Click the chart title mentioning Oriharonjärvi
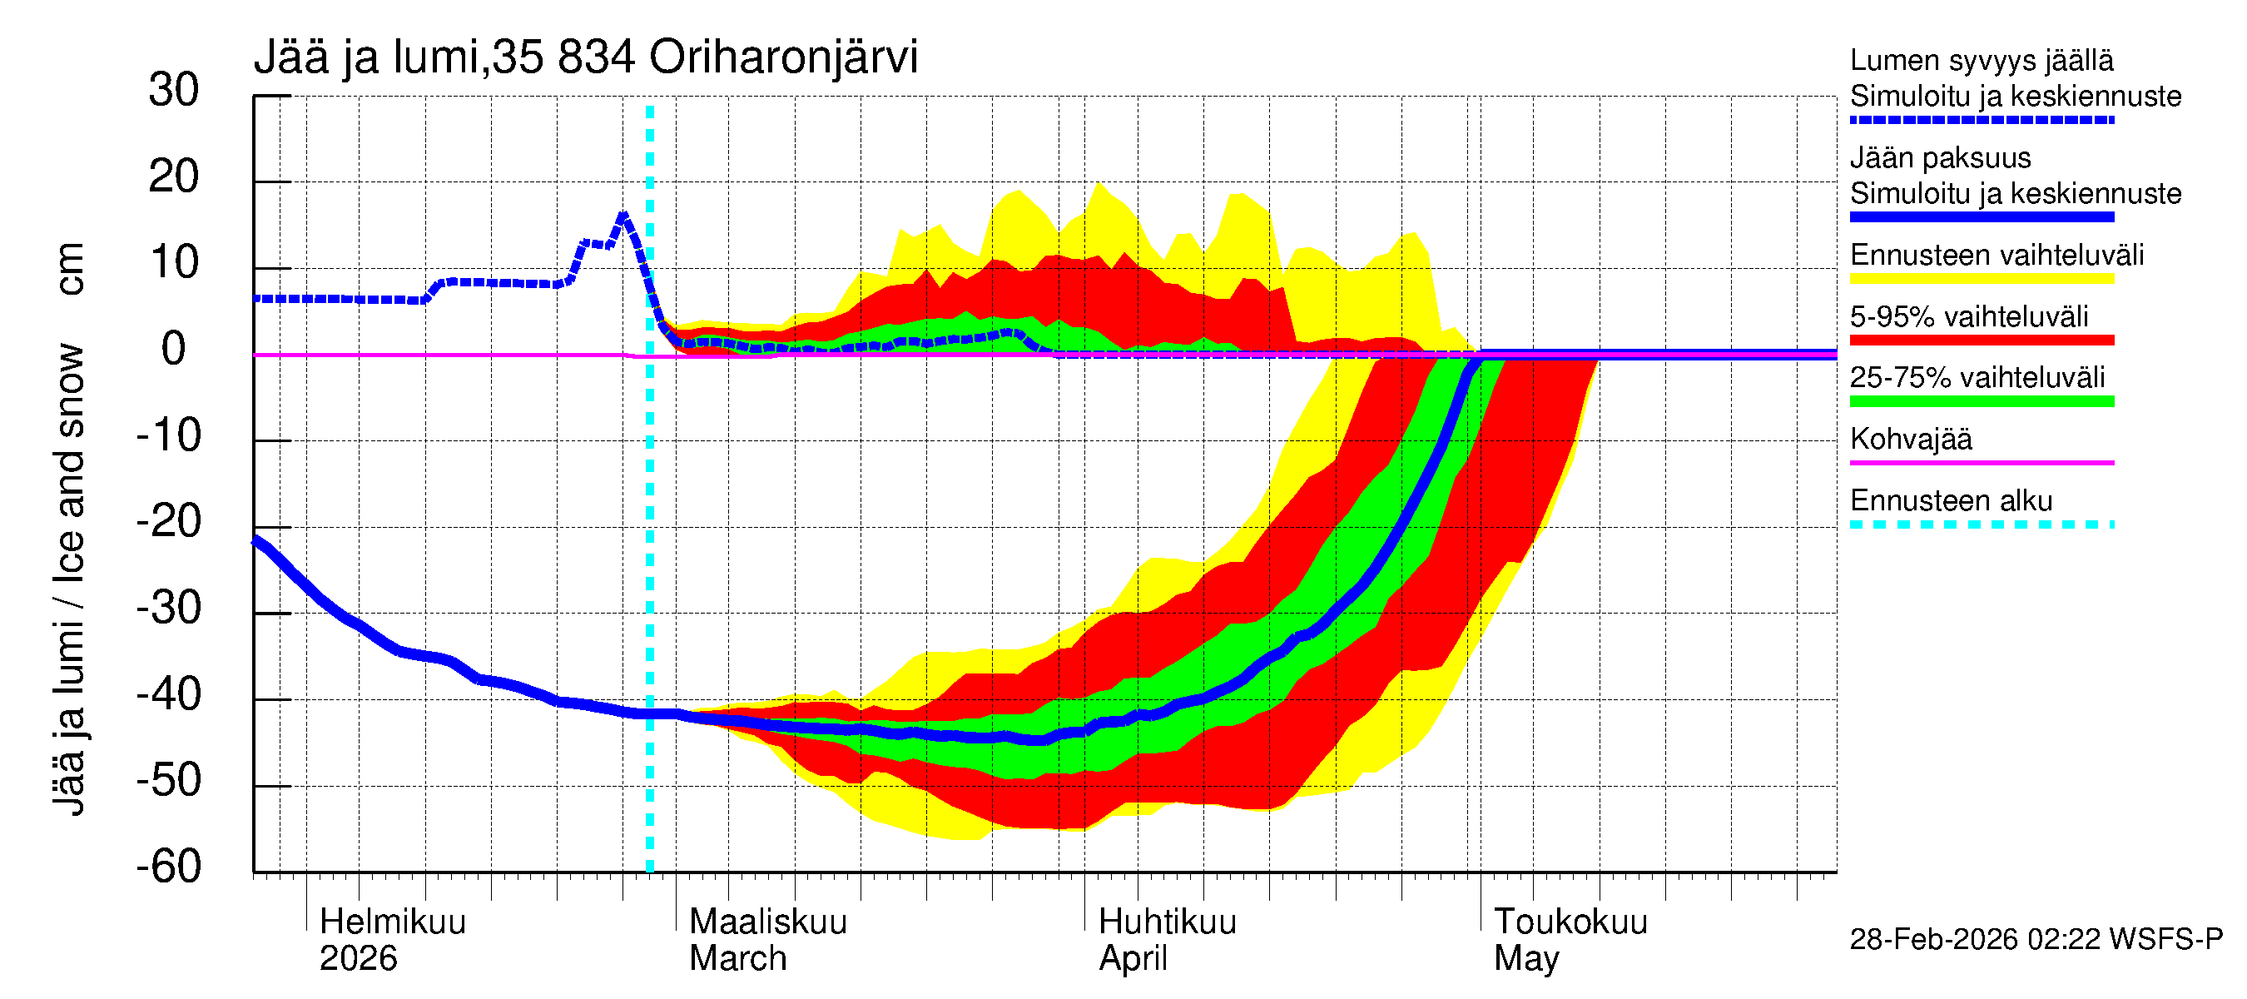tap(585, 57)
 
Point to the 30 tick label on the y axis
tap(174, 90)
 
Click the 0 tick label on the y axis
tap(174, 349)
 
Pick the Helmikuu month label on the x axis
tap(393, 922)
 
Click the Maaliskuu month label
tap(767, 922)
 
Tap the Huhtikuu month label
tap(1167, 922)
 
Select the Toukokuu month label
tap(1570, 922)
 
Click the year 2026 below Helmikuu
tap(358, 959)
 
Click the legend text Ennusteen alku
tap(1952, 501)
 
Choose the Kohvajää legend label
tap(1910, 439)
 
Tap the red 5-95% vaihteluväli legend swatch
tap(1981, 340)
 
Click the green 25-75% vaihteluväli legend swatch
tap(1981, 401)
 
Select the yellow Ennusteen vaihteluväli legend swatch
tap(1981, 279)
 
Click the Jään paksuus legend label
tap(1940, 158)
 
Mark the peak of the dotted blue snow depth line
tap(622, 215)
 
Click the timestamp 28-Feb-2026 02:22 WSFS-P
tap(2036, 940)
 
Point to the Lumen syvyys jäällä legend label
tap(1982, 60)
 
